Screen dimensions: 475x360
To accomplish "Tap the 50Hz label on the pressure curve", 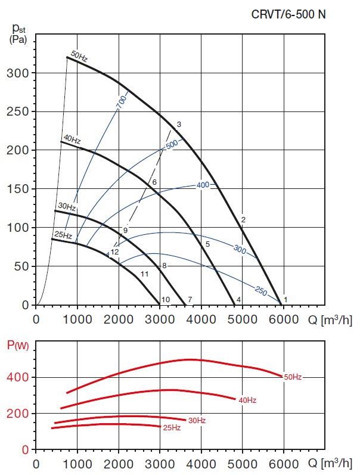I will click(x=79, y=57).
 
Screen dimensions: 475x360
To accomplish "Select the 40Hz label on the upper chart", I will click(x=72, y=139).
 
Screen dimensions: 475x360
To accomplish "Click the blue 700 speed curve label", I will click(x=122, y=101).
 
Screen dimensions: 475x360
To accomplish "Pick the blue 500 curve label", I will click(x=172, y=144).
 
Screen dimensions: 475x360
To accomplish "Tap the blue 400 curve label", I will click(x=203, y=185).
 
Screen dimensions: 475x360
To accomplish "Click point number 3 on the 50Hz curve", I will click(x=179, y=124).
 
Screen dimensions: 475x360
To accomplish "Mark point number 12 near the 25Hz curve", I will click(x=115, y=252).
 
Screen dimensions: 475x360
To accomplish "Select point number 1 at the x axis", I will click(x=285, y=299).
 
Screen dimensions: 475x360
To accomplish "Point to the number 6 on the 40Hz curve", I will click(x=154, y=182).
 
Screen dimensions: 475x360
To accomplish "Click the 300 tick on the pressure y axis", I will click(x=21, y=73).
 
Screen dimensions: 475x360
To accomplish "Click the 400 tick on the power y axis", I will click(x=21, y=377).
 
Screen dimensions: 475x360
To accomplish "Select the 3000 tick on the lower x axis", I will click(x=160, y=464).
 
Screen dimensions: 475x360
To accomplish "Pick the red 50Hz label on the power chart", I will click(x=293, y=377).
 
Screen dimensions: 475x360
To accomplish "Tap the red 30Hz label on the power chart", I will click(x=197, y=421).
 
